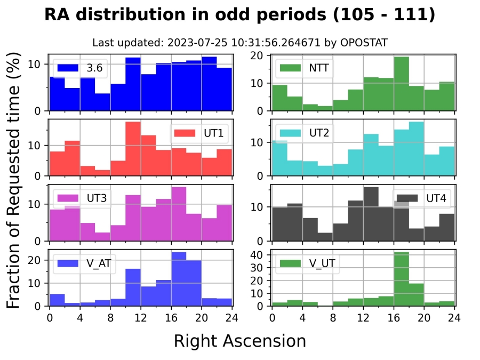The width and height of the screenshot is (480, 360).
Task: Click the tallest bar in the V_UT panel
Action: click(401, 279)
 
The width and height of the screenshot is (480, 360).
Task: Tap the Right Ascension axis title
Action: click(240, 341)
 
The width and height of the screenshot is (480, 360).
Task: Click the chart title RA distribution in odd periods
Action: click(240, 15)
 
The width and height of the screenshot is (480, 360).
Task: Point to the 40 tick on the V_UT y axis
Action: click(260, 255)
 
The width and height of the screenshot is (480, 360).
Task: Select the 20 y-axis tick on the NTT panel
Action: click(260, 55)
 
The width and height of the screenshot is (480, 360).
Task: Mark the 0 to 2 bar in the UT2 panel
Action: click(279, 158)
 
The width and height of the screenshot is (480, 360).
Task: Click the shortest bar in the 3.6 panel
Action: click(102, 102)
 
